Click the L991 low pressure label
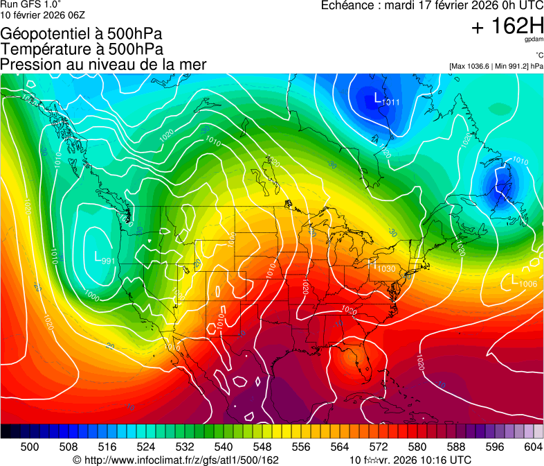pyautogui.click(x=105, y=259)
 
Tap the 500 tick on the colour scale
pyautogui.click(x=30, y=447)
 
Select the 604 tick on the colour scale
pyautogui.click(x=533, y=447)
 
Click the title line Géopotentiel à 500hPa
pyautogui.click(x=82, y=33)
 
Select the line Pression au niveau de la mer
pyautogui.click(x=103, y=64)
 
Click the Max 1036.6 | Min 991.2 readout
pyautogui.click(x=496, y=67)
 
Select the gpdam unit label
pyautogui.click(x=534, y=40)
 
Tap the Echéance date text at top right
pyautogui.click(x=432, y=6)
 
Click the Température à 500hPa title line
pyautogui.click(x=82, y=49)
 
